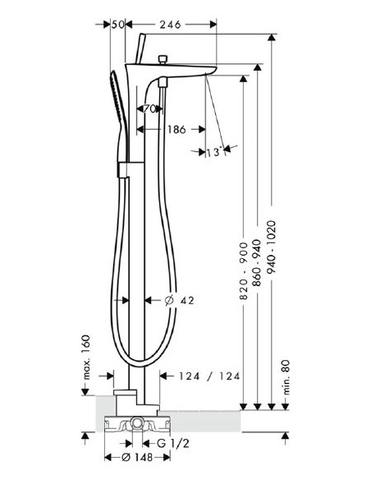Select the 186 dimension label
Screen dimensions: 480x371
[x=173, y=129]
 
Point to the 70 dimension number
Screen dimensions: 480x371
[x=150, y=108]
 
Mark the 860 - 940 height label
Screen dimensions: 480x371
[x=258, y=272]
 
